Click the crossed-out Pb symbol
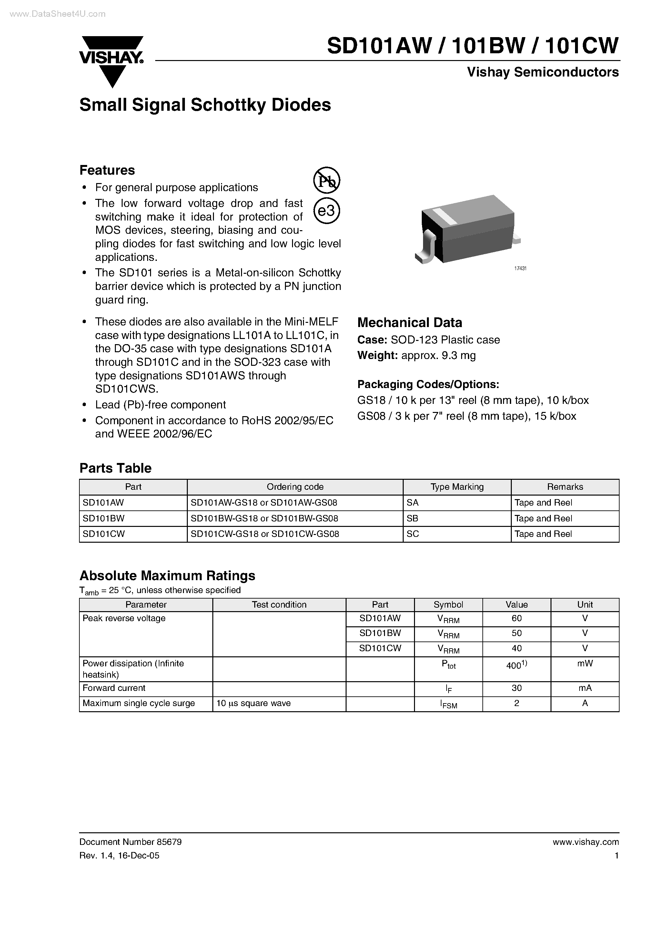(x=327, y=180)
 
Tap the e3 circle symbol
(x=327, y=211)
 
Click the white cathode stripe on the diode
(x=445, y=216)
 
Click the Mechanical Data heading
(x=409, y=322)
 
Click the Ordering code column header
(x=295, y=487)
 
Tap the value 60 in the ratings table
(x=516, y=618)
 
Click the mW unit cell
(x=584, y=663)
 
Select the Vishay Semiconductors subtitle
(x=542, y=72)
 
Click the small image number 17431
(x=520, y=269)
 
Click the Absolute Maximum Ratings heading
(x=167, y=576)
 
